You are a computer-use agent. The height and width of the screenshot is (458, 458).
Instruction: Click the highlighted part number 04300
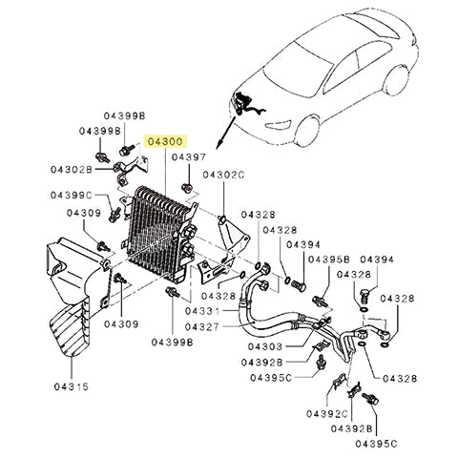point(166,141)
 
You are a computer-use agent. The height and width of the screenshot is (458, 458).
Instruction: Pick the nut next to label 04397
point(191,174)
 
